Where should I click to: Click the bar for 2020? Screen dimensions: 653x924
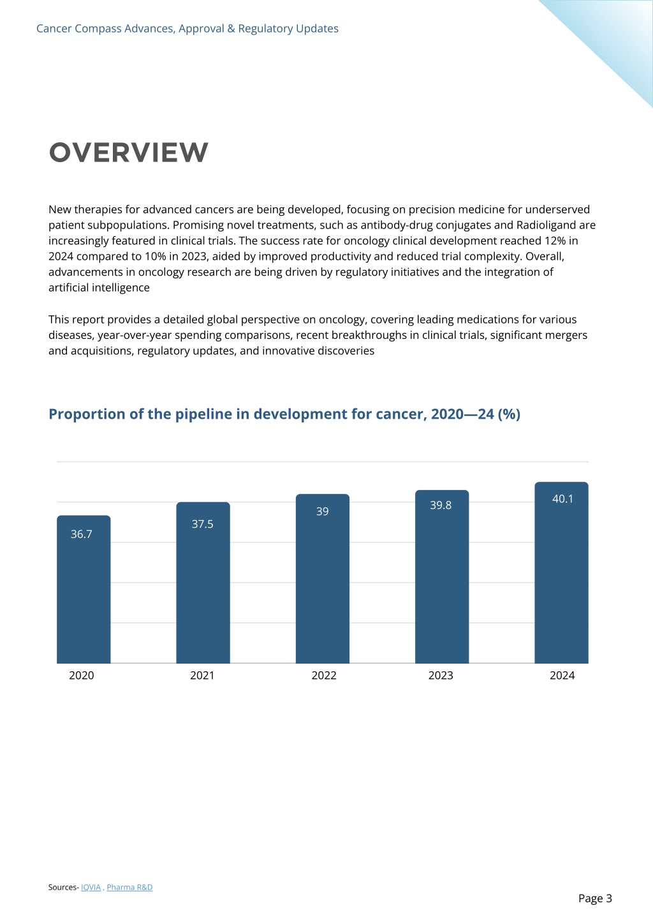coord(84,589)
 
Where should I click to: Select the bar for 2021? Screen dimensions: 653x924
coord(203,583)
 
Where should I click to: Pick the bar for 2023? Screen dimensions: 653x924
coord(442,577)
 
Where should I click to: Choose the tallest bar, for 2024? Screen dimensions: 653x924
coord(561,572)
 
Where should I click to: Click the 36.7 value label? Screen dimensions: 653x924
coord(81,534)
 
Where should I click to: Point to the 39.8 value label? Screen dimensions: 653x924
coord(441,505)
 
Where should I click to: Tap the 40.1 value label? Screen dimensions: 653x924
coord(562,499)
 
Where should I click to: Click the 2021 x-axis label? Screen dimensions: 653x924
coord(202,675)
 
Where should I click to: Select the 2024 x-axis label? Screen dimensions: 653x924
coord(562,675)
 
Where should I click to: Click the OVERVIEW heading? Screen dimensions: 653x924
coord(129,153)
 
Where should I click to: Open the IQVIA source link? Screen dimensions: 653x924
coord(91,887)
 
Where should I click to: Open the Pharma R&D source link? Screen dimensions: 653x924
coord(129,887)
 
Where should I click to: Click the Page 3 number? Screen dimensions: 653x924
coord(595,898)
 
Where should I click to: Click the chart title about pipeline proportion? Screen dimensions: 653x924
coord(284,414)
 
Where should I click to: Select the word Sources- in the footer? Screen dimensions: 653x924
coord(64,887)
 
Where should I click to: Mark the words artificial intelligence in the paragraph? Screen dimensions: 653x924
coord(99,288)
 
